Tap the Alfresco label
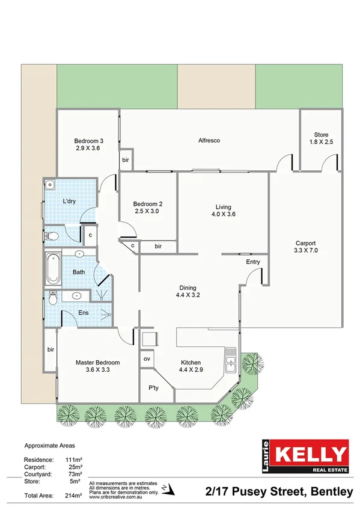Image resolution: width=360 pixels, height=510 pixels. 209,140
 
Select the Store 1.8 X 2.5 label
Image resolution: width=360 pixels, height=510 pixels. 321,138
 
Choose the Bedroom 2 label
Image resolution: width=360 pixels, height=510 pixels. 148,207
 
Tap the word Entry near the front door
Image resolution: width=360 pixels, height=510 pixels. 253,262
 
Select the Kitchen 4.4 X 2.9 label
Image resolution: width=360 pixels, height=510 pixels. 191,366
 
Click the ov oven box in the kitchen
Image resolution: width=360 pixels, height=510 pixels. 147,359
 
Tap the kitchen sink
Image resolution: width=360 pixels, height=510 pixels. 231,362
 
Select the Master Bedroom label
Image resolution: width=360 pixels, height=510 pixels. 97,366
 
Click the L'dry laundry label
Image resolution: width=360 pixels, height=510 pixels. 70,201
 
